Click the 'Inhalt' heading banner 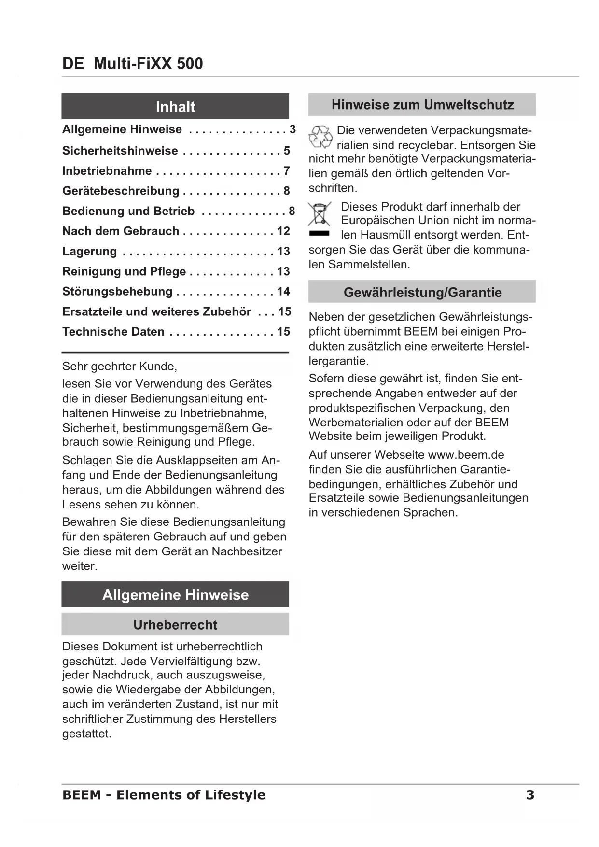click(x=175, y=106)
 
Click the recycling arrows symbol click(x=320, y=137)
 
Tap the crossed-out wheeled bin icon click(x=319, y=214)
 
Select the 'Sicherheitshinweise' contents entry click(x=120, y=151)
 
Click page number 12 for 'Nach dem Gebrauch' click(x=283, y=231)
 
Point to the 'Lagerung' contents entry click(x=90, y=252)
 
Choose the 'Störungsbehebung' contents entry click(x=117, y=292)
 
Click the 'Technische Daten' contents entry click(x=113, y=332)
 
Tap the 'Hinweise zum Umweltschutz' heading click(x=422, y=105)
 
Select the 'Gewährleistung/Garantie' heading click(x=422, y=292)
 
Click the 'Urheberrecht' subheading click(x=175, y=625)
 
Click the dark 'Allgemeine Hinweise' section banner click(x=175, y=594)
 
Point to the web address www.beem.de click(x=466, y=455)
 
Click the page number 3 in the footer click(x=530, y=795)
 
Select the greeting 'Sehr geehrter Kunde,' click(x=120, y=367)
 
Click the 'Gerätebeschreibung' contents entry click(x=121, y=191)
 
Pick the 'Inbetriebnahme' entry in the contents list click(x=107, y=171)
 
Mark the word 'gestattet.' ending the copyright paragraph click(x=87, y=734)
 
